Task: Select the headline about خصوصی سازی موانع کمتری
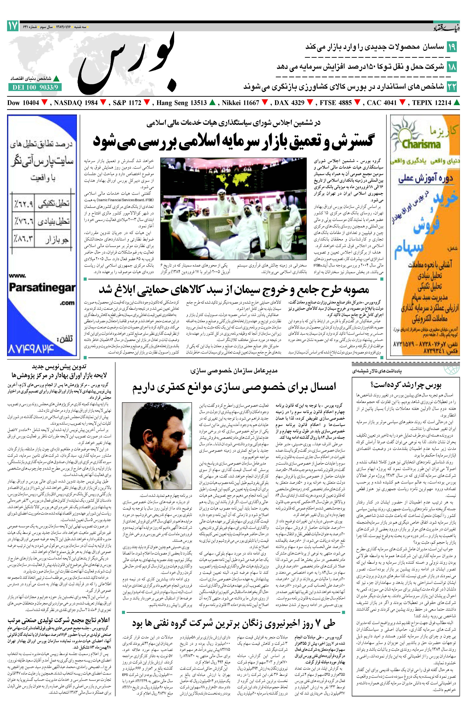click(234, 387)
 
